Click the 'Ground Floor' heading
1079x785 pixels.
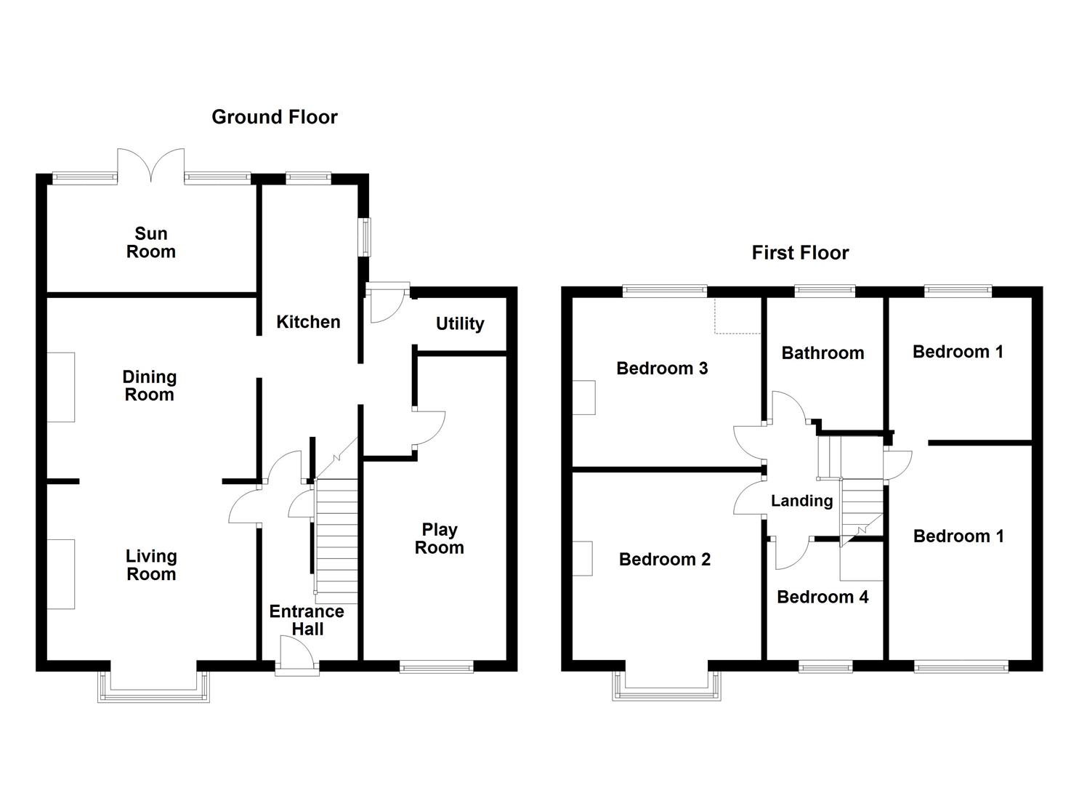(x=275, y=117)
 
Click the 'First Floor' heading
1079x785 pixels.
(x=800, y=253)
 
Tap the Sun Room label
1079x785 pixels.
(x=151, y=243)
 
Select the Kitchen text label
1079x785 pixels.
(x=308, y=322)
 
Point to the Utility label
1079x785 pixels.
(x=460, y=323)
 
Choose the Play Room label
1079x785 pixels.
(x=439, y=539)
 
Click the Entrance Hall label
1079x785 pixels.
(x=307, y=620)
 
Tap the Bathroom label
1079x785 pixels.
(x=823, y=353)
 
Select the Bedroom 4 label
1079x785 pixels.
(x=823, y=597)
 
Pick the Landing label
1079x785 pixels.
(x=801, y=501)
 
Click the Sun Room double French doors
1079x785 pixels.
(x=151, y=166)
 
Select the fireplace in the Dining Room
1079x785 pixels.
(x=61, y=387)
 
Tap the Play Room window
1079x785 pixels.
(x=437, y=667)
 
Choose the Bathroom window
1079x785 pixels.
(x=825, y=291)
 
